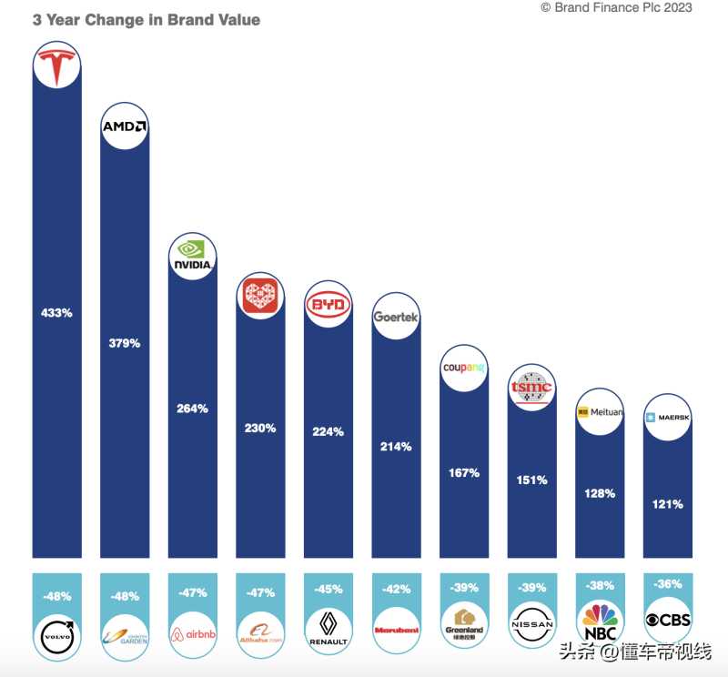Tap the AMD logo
pyautogui.click(x=124, y=127)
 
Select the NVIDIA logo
pyautogui.click(x=192, y=256)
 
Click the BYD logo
pyautogui.click(x=328, y=306)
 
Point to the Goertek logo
pyautogui.click(x=396, y=316)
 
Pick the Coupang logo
pyautogui.click(x=463, y=369)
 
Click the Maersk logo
pyautogui.click(x=667, y=418)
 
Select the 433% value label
pyautogui.click(x=56, y=312)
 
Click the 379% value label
pyautogui.click(x=124, y=343)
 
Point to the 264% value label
pyautogui.click(x=192, y=409)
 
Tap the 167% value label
pyautogui.click(x=463, y=473)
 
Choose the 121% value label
pyautogui.click(x=667, y=503)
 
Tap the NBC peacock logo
pyautogui.click(x=599, y=622)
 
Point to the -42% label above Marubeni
pyautogui.click(x=396, y=588)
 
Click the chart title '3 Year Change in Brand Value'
pyautogui.click(x=146, y=20)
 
